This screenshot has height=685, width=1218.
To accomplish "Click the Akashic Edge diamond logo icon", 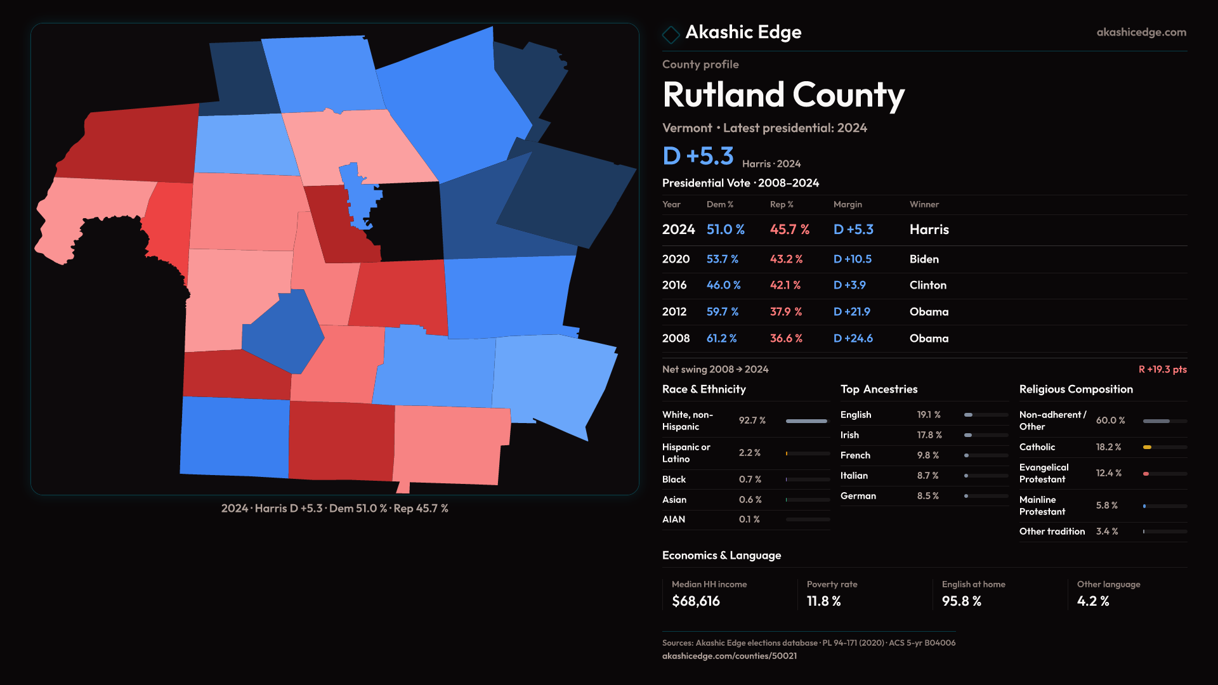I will point(671,34).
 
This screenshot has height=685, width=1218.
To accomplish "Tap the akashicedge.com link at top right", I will point(1141,32).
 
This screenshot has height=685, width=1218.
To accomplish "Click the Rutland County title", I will point(783,95).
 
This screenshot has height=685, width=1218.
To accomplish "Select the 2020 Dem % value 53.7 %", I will point(722,259).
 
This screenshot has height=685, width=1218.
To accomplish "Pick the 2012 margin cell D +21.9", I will point(851,312).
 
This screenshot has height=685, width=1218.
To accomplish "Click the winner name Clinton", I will point(927,285).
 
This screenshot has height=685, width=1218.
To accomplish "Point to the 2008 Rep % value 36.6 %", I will point(785,339).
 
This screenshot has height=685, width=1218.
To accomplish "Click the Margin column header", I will point(848,204).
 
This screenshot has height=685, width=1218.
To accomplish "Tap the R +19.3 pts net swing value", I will point(1162,369).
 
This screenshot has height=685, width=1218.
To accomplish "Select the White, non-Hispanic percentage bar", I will point(806,421).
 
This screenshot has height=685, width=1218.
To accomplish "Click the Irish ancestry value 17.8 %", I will point(929,435).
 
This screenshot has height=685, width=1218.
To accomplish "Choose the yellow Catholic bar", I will point(1147,447).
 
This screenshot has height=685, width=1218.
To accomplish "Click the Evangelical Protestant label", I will point(1044,473).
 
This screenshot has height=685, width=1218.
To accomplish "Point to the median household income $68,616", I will point(695,601).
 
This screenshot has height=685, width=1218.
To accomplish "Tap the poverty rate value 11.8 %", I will point(823,601).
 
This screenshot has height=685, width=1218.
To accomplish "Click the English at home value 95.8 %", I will point(961,601).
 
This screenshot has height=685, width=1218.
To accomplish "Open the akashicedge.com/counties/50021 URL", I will point(729,656).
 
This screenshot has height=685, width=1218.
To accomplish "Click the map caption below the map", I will point(334,509).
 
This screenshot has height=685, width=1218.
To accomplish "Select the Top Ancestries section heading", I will point(879,389).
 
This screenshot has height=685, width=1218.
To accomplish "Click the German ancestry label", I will point(858,496).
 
